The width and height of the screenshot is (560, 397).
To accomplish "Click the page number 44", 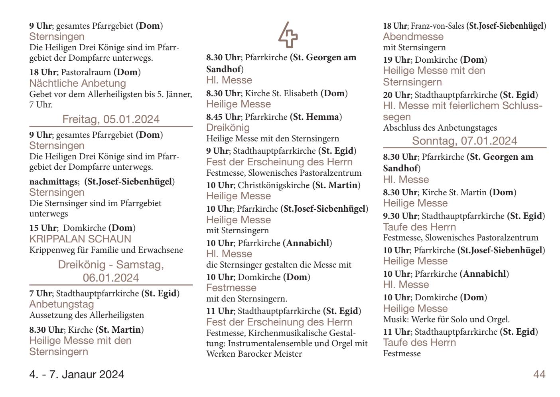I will pyautogui.click(x=539, y=374).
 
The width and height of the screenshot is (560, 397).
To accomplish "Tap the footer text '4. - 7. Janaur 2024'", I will pyautogui.click(x=77, y=375).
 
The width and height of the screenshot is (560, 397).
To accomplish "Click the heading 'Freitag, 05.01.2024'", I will pyautogui.click(x=111, y=119).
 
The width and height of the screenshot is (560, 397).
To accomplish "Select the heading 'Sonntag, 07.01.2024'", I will pyautogui.click(x=464, y=141).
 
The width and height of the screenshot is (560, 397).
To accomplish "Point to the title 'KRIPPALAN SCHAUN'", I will pyautogui.click(x=80, y=239).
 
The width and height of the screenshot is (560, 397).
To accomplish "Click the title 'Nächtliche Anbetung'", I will pyautogui.click(x=78, y=83).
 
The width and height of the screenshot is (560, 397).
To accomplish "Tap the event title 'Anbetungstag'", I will pyautogui.click(x=62, y=304).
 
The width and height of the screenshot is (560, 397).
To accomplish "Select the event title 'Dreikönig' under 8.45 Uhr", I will pyautogui.click(x=228, y=128).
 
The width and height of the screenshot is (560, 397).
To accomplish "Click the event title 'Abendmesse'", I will pyautogui.click(x=413, y=37).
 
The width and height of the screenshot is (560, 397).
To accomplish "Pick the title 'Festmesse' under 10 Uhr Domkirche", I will pyautogui.click(x=231, y=288).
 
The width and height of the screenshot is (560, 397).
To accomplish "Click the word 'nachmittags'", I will pyautogui.click(x=53, y=182).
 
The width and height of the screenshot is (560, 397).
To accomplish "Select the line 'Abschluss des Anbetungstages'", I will pyautogui.click(x=440, y=128).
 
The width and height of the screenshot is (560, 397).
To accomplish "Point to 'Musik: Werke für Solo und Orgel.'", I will pyautogui.click(x=446, y=320).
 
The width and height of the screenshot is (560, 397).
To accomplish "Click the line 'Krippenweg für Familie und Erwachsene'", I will pyautogui.click(x=106, y=250).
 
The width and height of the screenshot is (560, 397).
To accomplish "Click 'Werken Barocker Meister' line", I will pyautogui.click(x=254, y=354).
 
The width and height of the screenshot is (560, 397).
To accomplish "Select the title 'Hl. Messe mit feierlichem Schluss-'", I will pyautogui.click(x=463, y=106).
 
